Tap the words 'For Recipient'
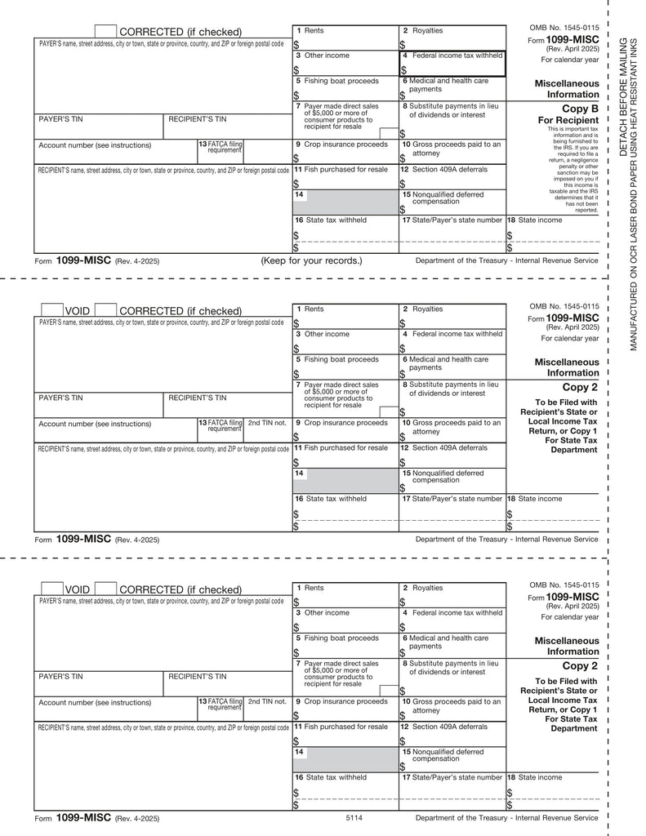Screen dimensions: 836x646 [572, 120]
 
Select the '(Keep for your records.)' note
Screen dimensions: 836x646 [311, 261]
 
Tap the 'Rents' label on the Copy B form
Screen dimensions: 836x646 [314, 30]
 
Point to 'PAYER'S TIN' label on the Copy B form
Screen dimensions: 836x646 [61, 119]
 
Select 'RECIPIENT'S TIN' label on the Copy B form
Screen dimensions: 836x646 [197, 119]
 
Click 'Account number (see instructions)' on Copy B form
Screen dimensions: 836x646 [95, 145]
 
